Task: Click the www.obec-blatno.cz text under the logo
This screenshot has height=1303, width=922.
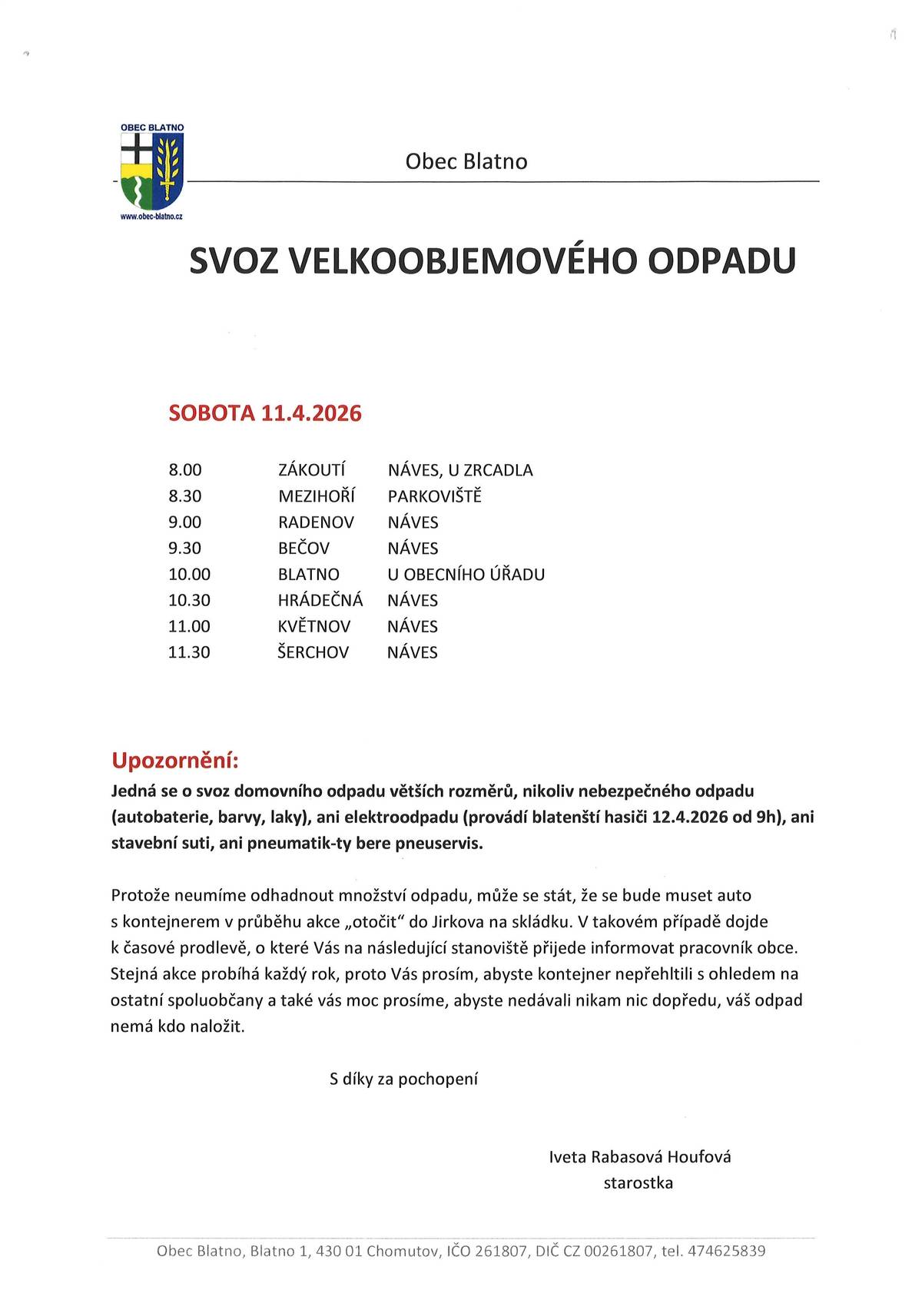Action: (152, 217)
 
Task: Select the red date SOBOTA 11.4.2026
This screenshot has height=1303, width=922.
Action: (265, 413)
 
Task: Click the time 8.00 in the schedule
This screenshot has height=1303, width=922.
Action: (185, 470)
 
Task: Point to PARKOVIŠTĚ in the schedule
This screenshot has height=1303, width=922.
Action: (434, 496)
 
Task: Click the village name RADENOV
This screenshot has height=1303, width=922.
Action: (316, 522)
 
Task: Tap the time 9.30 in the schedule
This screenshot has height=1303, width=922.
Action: (185, 549)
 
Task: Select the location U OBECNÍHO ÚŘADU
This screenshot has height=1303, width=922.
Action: (466, 575)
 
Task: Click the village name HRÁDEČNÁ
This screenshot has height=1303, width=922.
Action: (320, 600)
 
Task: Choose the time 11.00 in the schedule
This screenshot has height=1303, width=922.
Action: (189, 626)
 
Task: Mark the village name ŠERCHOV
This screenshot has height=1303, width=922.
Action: (313, 652)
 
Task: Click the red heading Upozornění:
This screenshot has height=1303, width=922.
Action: (175, 761)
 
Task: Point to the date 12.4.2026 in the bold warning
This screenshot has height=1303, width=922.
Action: (690, 817)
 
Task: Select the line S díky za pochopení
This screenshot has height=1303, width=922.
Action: (403, 1079)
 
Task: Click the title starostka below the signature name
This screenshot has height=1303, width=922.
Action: (638, 1183)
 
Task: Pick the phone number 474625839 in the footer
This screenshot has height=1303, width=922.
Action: (727, 1252)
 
